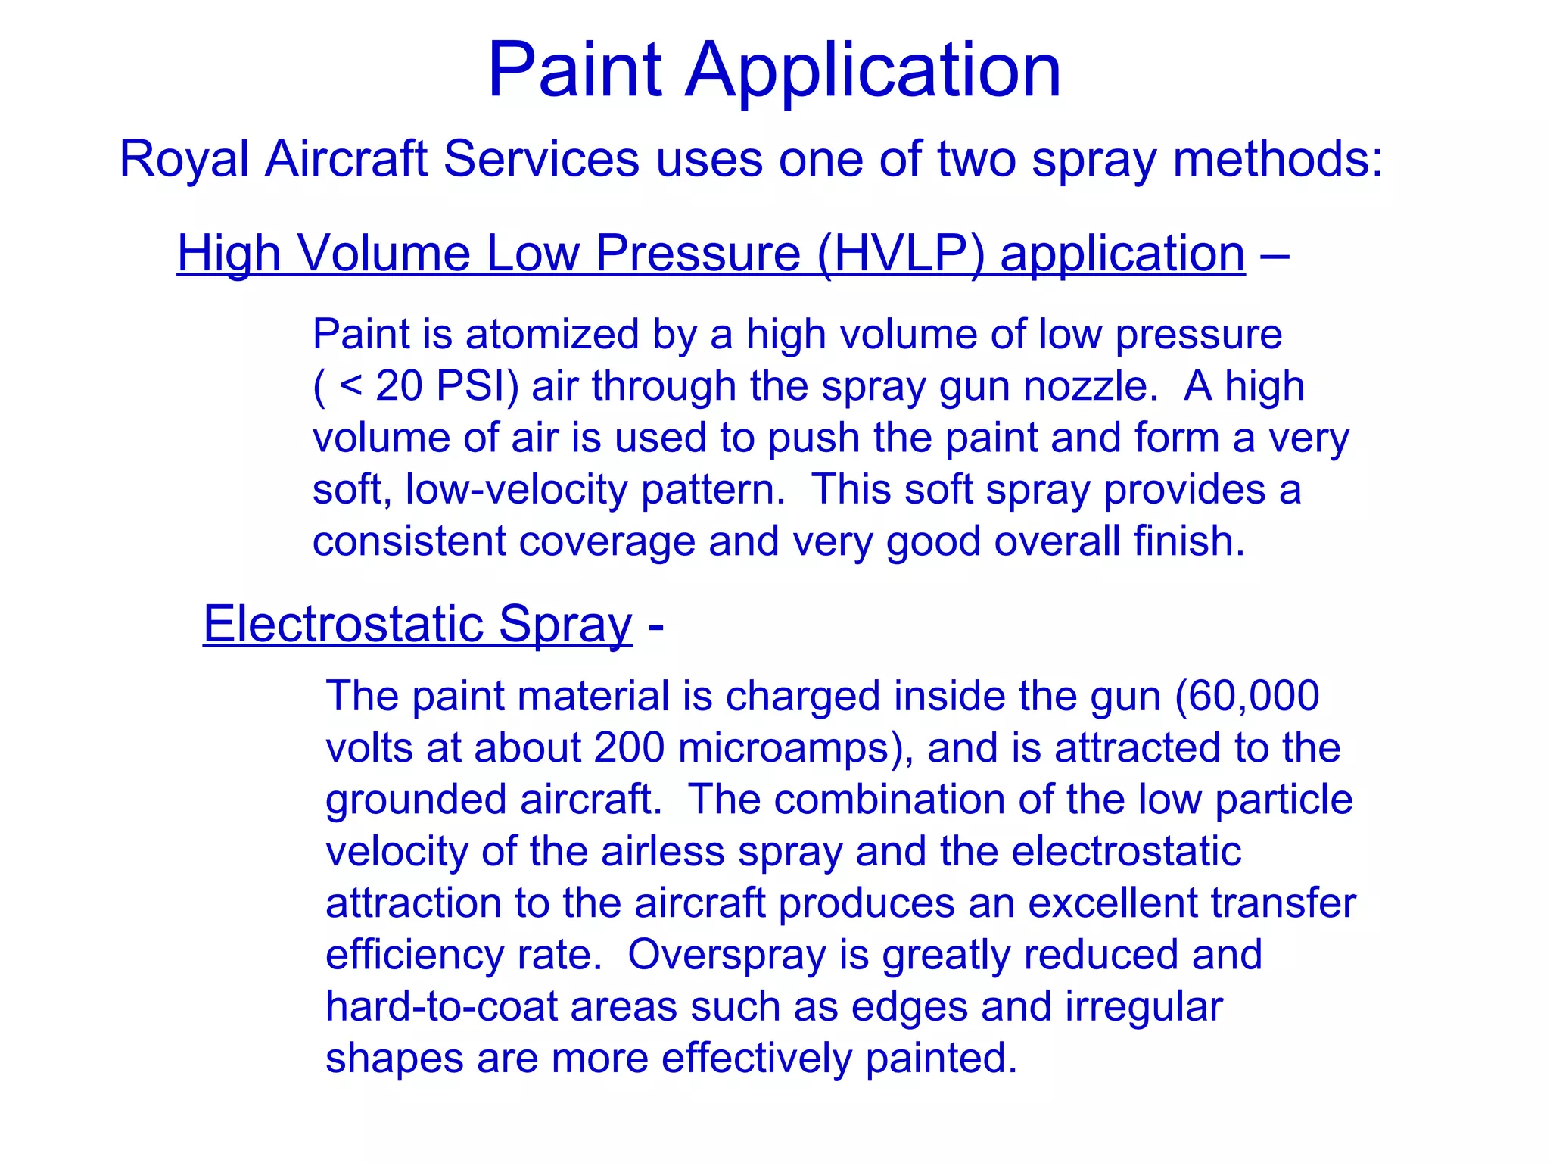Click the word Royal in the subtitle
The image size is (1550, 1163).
click(x=184, y=160)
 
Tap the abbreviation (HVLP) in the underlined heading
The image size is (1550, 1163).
click(x=901, y=253)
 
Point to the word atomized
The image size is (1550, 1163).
click(x=552, y=335)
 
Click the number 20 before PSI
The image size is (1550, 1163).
click(x=400, y=386)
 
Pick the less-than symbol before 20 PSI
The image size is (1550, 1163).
click(x=350, y=386)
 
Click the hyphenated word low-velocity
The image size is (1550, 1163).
click(x=516, y=490)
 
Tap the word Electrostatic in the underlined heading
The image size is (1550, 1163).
click(x=344, y=625)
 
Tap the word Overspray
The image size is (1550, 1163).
click(x=727, y=955)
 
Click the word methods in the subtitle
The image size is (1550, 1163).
click(x=1278, y=160)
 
